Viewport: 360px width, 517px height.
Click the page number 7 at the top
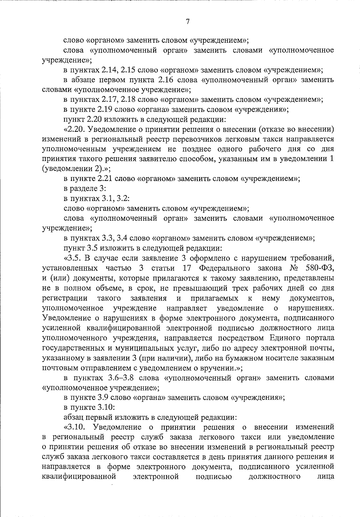click(x=187, y=21)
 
